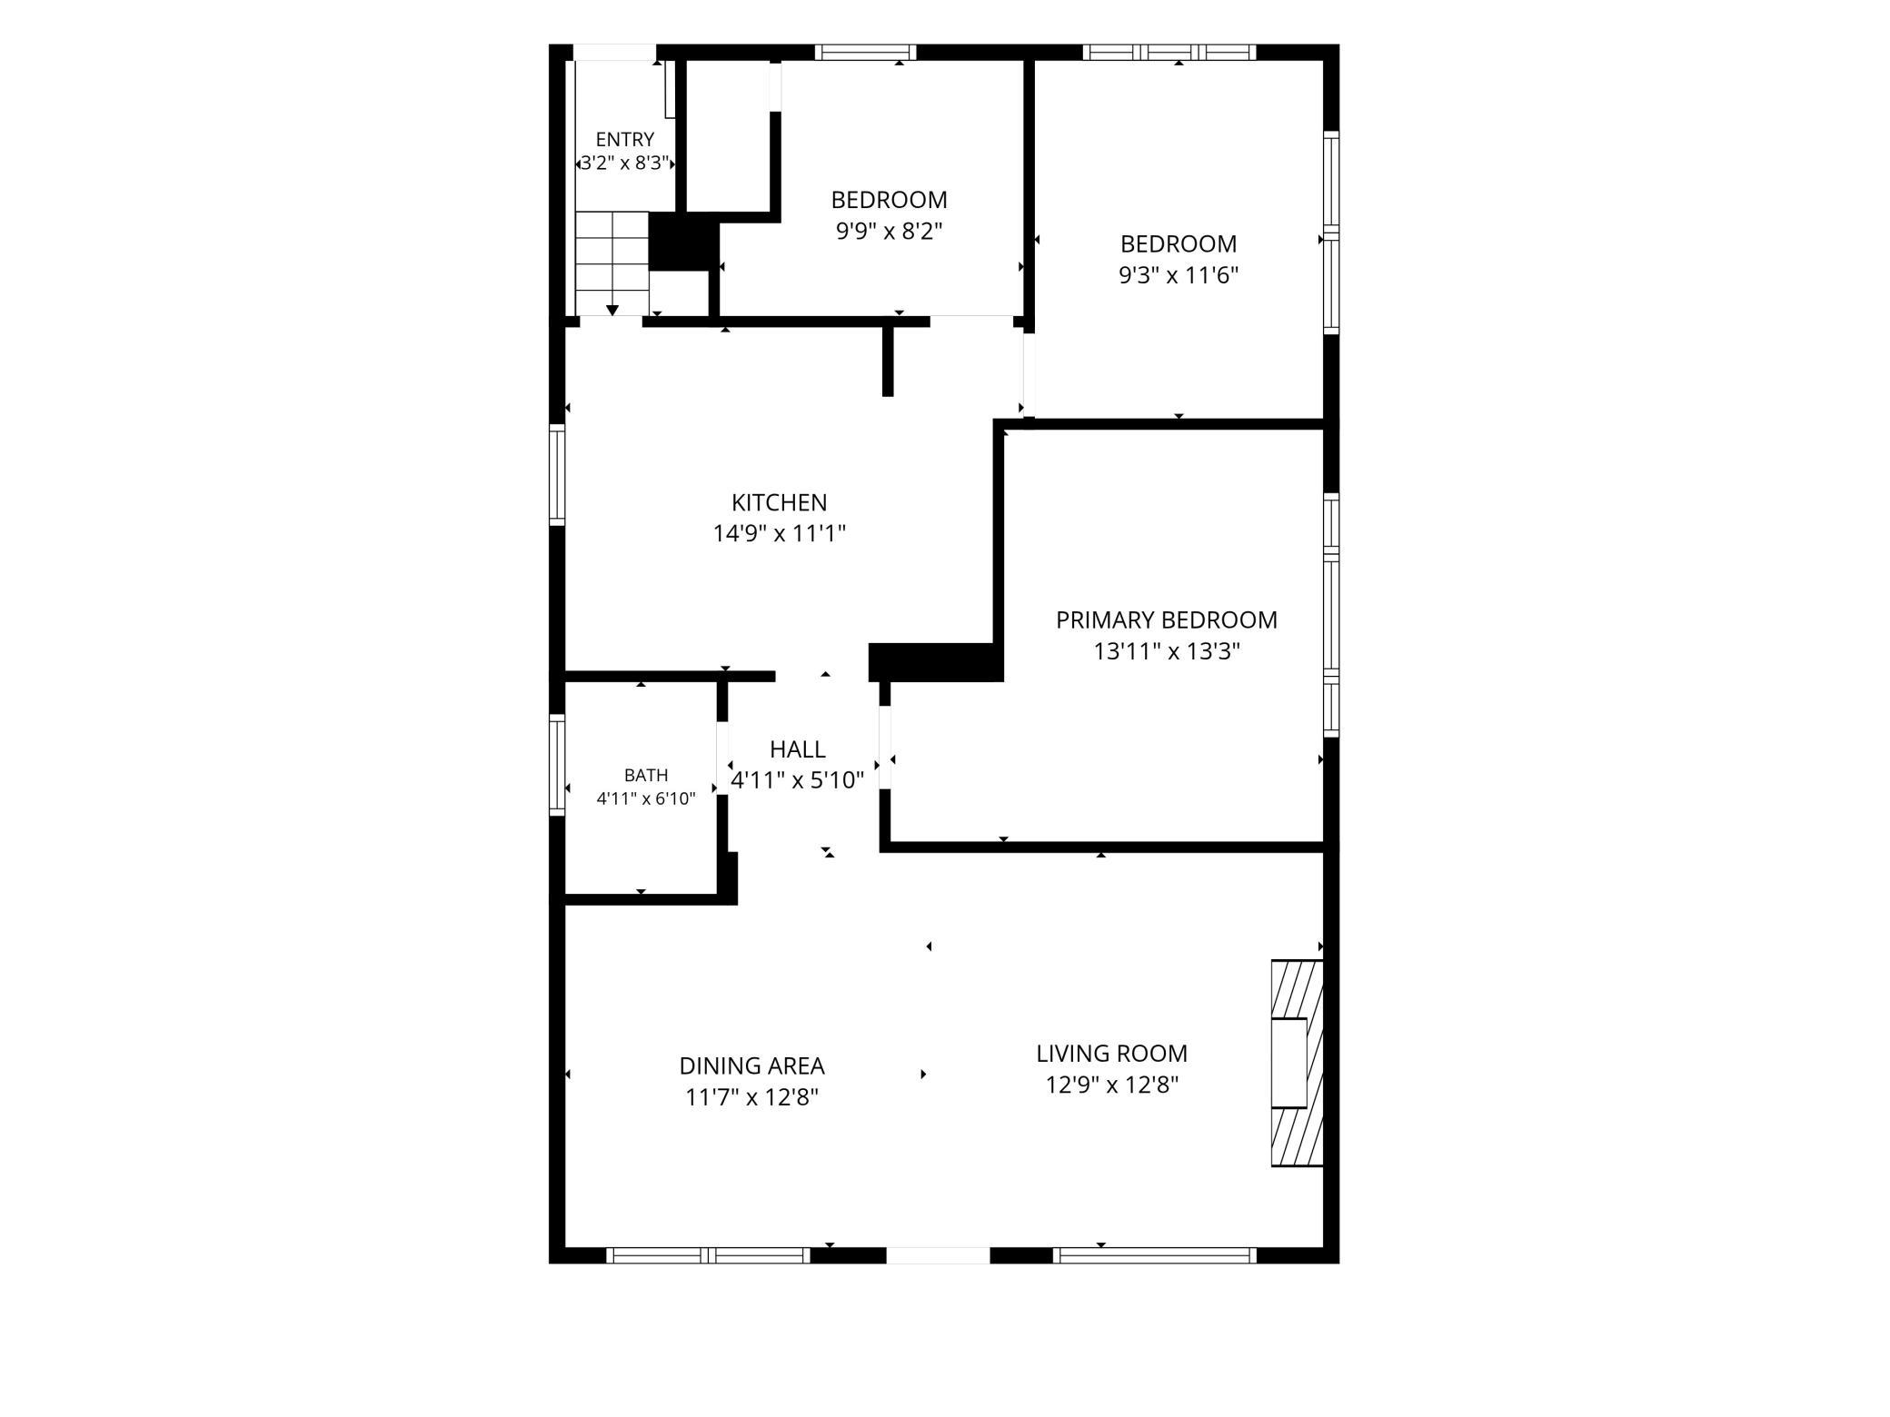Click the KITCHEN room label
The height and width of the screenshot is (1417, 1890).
pos(779,502)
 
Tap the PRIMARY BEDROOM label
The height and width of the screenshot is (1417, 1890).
pos(1167,620)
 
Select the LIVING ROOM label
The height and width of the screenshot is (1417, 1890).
pos(1111,1054)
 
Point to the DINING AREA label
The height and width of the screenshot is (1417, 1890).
pos(751,1065)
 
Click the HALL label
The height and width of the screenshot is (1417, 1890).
pos(797,749)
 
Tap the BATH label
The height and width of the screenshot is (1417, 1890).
pos(646,776)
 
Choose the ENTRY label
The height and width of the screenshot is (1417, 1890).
pos(624,140)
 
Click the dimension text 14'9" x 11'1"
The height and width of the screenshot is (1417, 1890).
pos(779,533)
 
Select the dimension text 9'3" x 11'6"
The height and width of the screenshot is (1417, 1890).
pos(1179,275)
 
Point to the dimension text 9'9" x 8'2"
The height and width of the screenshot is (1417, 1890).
pos(889,231)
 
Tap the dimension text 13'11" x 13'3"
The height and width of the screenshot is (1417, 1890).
pos(1167,651)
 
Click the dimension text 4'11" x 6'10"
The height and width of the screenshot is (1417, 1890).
pos(646,799)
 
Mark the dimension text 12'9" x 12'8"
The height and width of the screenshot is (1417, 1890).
pos(1111,1085)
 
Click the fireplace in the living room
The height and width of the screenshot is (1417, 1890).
pos(1297,1063)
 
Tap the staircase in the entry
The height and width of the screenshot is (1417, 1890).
pos(612,263)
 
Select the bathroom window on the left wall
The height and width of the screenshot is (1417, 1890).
pos(557,765)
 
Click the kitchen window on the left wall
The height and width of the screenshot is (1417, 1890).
pos(557,474)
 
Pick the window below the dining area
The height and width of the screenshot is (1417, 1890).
pos(708,1255)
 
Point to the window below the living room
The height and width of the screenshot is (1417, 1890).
pos(1155,1255)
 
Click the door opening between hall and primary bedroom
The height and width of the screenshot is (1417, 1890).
pos(884,748)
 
